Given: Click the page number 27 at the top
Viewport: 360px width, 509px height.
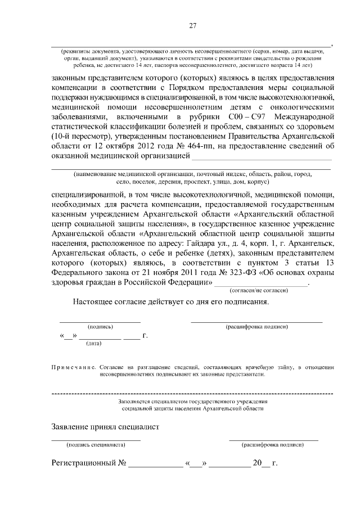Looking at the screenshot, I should click(192, 25).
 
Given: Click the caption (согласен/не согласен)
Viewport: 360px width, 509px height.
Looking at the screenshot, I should click(259, 290).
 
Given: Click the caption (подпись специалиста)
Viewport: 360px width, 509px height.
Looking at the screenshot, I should click(96, 444).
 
